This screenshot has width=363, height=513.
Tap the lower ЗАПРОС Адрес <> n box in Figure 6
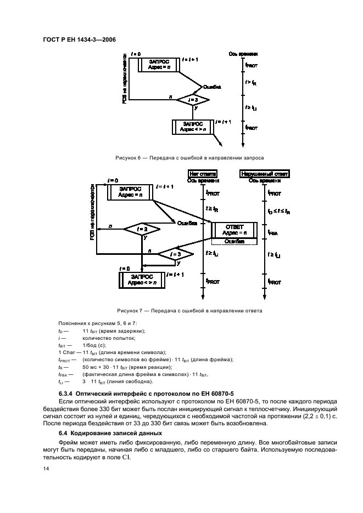(x=194, y=127)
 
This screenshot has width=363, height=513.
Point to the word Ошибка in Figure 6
(x=212, y=87)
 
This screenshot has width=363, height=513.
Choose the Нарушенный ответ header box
(x=265, y=173)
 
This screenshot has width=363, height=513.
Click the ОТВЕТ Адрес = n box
(x=234, y=229)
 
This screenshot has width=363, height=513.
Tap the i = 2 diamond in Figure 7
(x=142, y=229)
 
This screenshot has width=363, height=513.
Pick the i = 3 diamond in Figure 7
(x=176, y=254)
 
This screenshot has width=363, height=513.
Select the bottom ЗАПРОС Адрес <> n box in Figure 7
(x=142, y=279)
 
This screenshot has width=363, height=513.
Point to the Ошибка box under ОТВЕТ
(x=234, y=241)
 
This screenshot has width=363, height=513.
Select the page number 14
(x=46, y=469)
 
